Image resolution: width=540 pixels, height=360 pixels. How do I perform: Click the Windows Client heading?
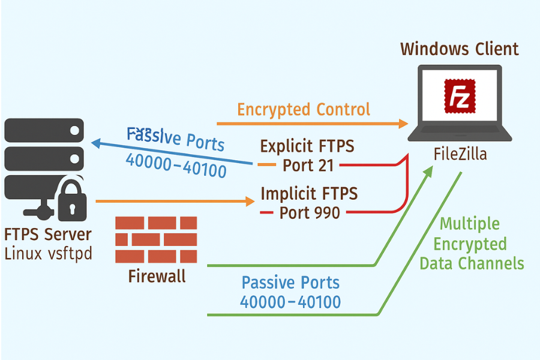[460, 49]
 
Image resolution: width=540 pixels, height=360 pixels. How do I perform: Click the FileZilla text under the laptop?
[460, 155]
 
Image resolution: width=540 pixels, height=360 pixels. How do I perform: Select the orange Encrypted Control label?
[304, 109]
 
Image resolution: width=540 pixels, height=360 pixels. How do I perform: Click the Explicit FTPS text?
[307, 146]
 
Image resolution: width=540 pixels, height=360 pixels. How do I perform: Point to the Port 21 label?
[308, 165]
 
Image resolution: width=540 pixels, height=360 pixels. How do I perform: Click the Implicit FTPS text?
[309, 193]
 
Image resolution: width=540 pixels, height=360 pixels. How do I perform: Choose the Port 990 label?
[310, 212]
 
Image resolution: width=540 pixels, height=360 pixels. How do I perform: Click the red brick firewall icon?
[156, 239]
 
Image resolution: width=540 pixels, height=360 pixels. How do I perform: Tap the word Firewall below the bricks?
[157, 276]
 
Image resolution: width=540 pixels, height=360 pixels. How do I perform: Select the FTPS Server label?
[48, 234]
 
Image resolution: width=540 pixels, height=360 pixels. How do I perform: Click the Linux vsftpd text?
[48, 253]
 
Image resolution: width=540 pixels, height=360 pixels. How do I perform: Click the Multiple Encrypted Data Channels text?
[471, 244]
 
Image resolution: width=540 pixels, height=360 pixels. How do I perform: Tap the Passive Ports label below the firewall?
[290, 292]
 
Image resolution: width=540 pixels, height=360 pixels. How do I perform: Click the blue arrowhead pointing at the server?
[96, 143]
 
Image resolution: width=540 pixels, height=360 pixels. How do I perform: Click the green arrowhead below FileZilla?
[428, 172]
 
